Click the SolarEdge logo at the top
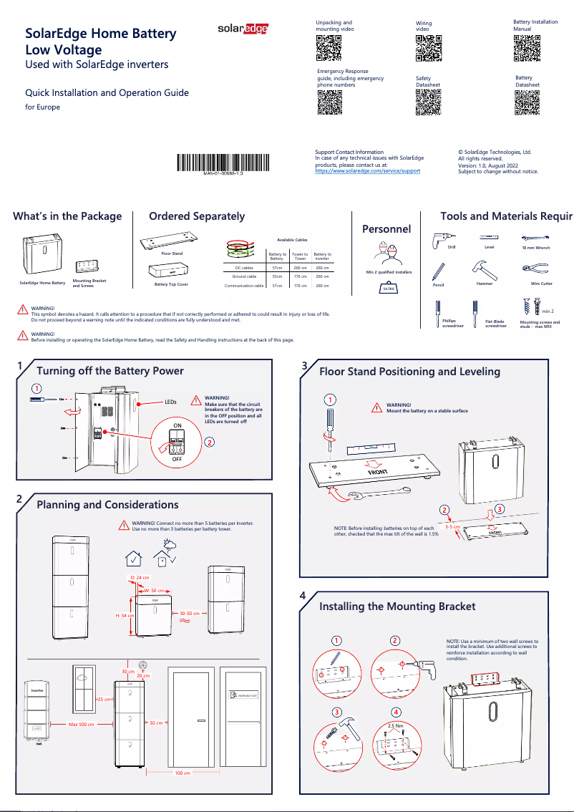pos(243,29)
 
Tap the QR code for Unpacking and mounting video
pos(329,48)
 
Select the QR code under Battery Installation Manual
pos(526,48)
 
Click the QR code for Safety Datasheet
pos(428,102)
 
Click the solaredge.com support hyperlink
pos(368,171)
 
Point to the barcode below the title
pos(223,163)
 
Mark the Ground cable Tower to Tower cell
pos(300,276)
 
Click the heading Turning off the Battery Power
pos(110,371)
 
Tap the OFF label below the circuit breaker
pos(177,458)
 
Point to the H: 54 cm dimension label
pos(125,615)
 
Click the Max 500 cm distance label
pos(82,725)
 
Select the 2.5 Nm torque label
pos(395,725)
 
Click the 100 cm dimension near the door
pos(183,773)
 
